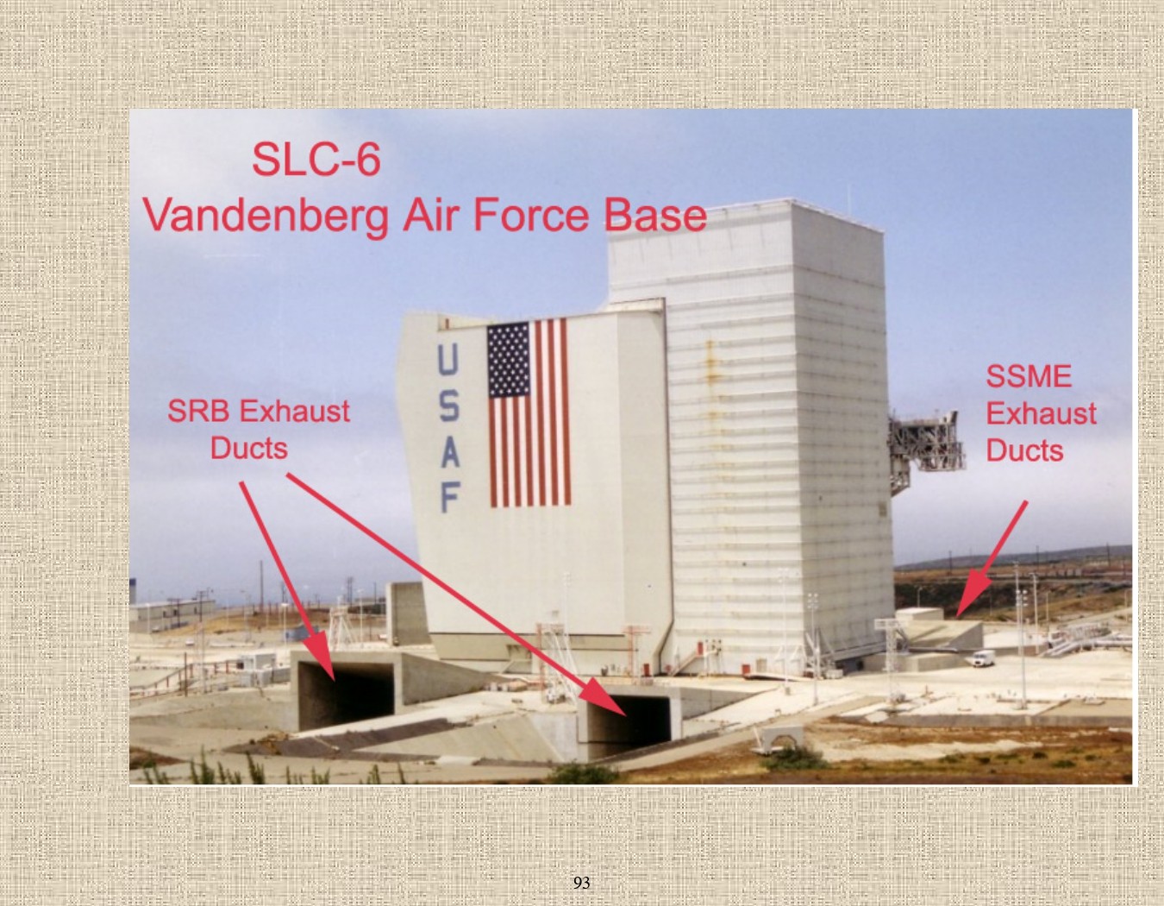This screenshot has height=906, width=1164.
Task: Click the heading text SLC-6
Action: pos(316,160)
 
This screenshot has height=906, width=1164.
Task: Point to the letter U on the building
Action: pos(447,361)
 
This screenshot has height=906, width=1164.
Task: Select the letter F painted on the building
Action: pos(450,497)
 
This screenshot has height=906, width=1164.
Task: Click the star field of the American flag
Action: pos(509,360)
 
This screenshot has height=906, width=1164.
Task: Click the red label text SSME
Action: pos(1029,376)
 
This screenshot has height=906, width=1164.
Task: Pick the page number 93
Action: pos(581,882)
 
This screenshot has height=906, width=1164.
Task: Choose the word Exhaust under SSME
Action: pos(1041,413)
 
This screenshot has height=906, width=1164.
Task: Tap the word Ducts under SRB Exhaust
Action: pos(249,448)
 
